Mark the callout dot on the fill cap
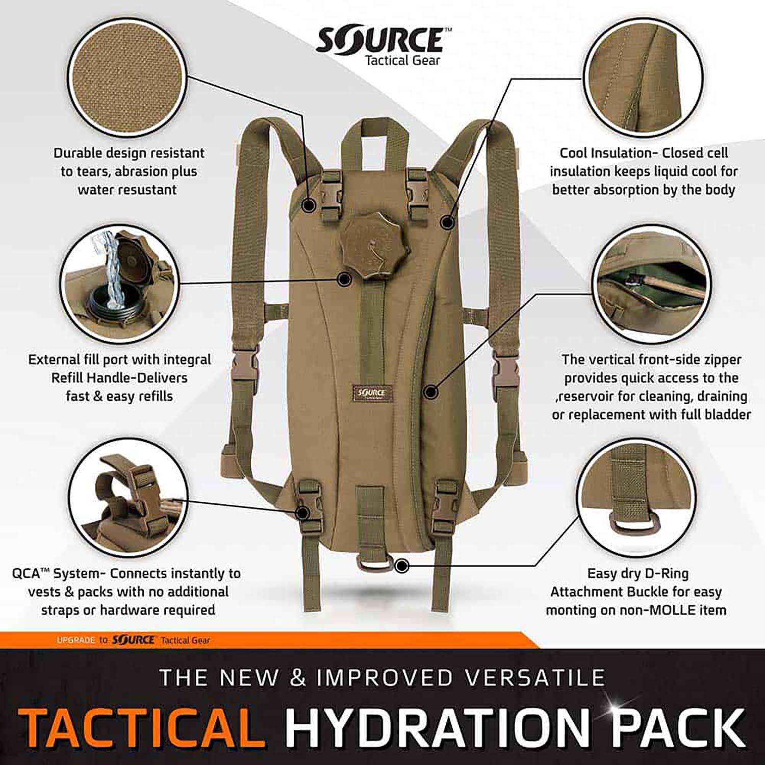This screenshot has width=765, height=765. coord(344,278)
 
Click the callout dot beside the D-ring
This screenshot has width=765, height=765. coord(402,565)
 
